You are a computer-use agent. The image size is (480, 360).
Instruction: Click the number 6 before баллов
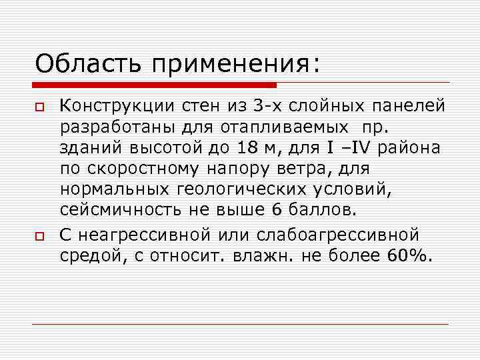pos(277,211)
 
